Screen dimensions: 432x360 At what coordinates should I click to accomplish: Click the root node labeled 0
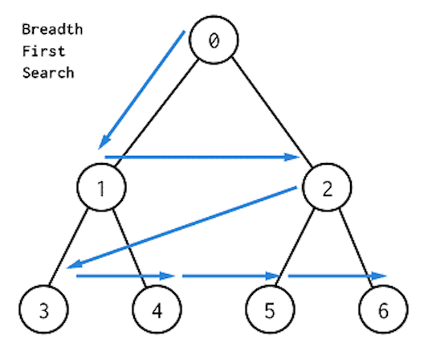[x=214, y=40]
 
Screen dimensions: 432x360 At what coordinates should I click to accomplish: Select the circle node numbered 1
[x=101, y=187]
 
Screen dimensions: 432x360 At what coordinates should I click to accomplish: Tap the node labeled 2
[x=327, y=187]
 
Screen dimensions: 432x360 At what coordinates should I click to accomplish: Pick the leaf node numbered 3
[x=43, y=309]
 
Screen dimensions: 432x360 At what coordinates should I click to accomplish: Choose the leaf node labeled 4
[x=157, y=309]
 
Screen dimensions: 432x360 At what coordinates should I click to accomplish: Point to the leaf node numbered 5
[x=270, y=309]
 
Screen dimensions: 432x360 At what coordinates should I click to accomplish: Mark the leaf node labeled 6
[x=383, y=309]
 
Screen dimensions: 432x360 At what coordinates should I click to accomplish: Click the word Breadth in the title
[x=52, y=29]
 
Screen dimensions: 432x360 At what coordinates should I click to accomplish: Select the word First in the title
[x=43, y=51]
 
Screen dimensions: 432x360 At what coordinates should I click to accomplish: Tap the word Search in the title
[x=48, y=73]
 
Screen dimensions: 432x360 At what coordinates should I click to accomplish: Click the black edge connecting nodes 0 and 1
[x=157, y=113]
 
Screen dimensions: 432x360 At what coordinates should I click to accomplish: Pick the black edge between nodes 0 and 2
[x=272, y=112]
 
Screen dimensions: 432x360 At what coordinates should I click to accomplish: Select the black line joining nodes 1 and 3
[x=68, y=247]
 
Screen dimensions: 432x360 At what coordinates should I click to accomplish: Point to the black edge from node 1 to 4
[x=129, y=248]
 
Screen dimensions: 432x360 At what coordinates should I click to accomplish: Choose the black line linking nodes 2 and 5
[x=295, y=247]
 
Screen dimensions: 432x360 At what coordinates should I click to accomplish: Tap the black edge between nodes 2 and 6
[x=356, y=248]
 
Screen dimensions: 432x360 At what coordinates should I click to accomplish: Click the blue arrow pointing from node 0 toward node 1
[x=141, y=90]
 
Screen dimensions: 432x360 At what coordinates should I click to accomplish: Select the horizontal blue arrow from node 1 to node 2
[x=202, y=157]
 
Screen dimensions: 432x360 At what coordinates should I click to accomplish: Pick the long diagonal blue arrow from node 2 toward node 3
[x=181, y=227]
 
